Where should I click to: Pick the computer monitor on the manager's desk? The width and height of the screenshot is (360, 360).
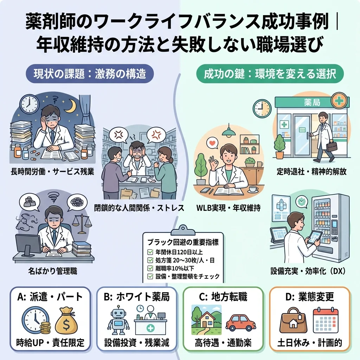[x=28, y=245]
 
